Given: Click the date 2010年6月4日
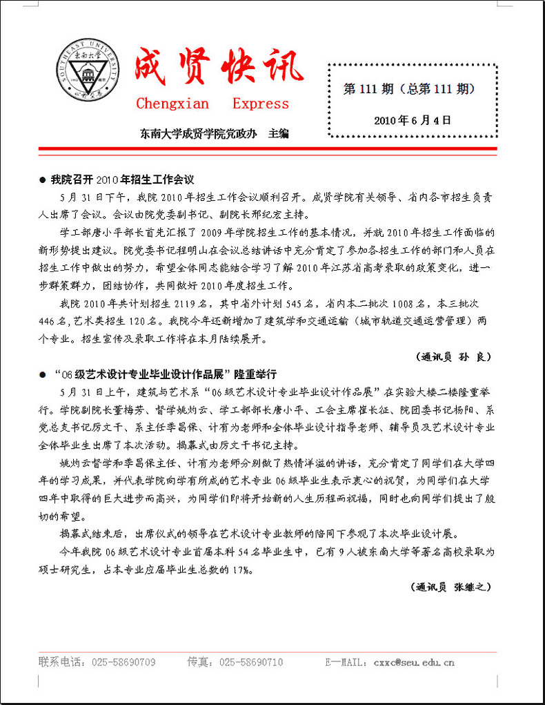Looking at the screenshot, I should (x=413, y=119).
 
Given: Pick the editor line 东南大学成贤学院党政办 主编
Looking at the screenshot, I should (x=214, y=133).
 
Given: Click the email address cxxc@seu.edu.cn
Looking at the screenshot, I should (x=414, y=662).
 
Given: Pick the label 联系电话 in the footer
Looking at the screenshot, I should (x=60, y=662).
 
